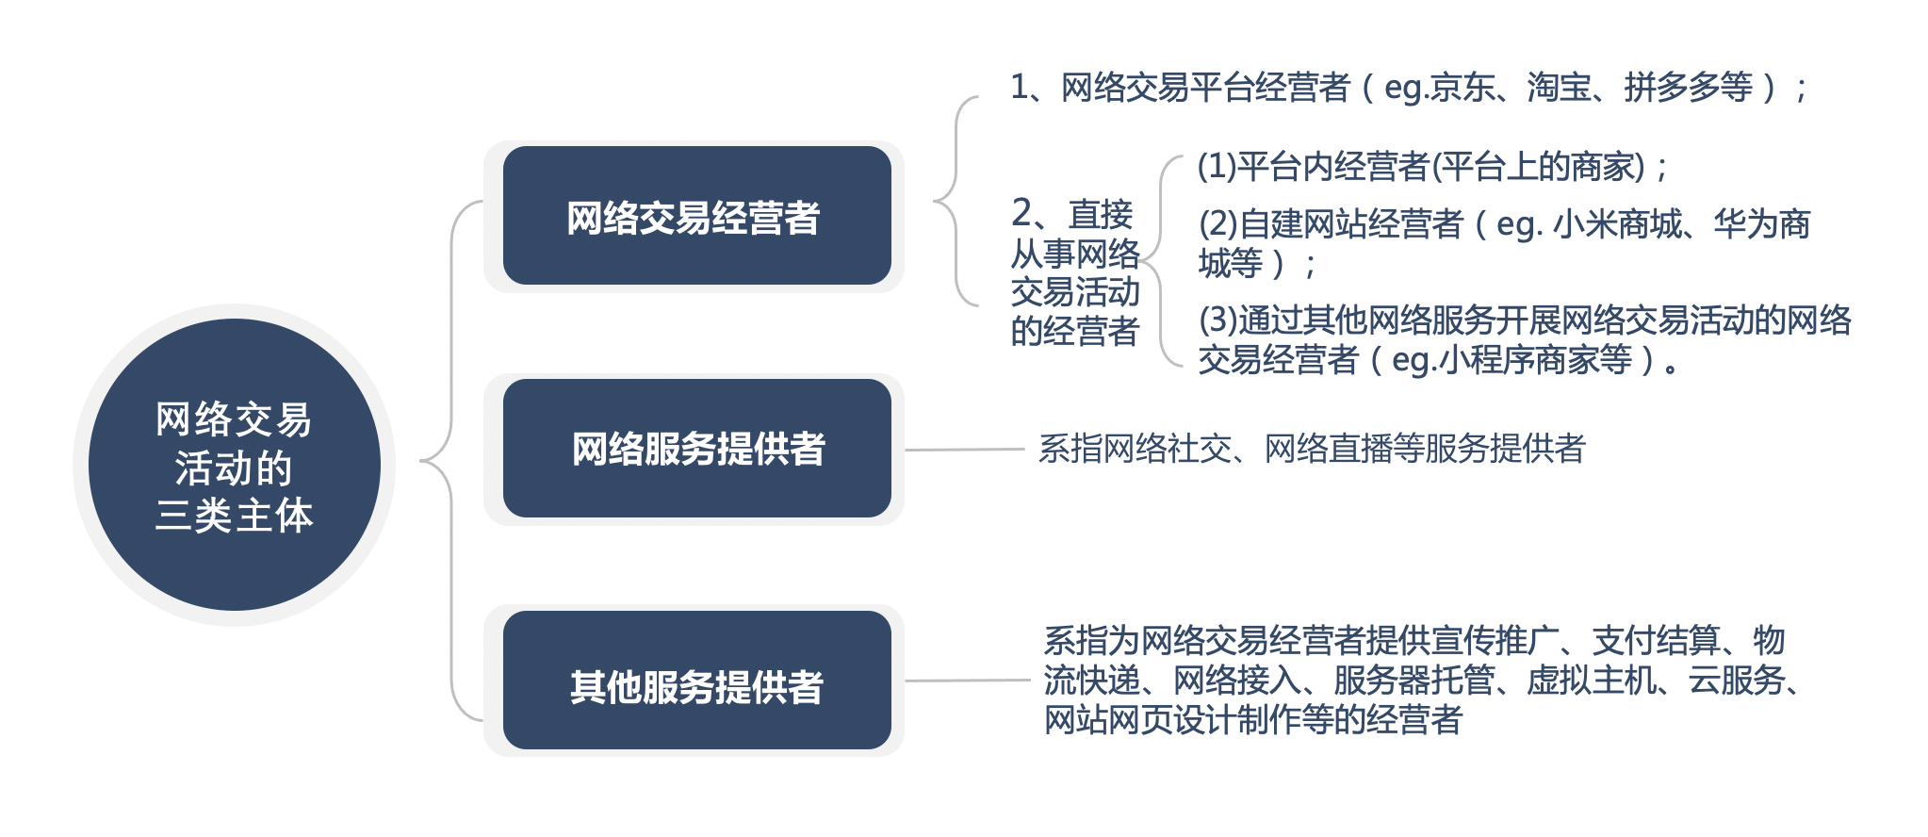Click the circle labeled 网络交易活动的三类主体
pos(235,465)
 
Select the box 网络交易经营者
pos(697,216)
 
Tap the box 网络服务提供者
pos(697,449)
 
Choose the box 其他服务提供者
pos(697,681)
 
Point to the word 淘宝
pos(1559,88)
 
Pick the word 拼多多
pos(1672,88)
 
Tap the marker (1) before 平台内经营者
pos(1217,167)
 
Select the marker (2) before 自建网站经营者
pos(1218,224)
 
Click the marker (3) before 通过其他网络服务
pos(1218,320)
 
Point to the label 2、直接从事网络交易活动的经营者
pos(1075,272)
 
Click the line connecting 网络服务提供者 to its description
pos(965,450)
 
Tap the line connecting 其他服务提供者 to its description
pos(968,681)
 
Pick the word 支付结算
pos(1656,641)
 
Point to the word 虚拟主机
pos(1591,681)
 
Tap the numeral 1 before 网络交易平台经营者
pos(1020,88)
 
